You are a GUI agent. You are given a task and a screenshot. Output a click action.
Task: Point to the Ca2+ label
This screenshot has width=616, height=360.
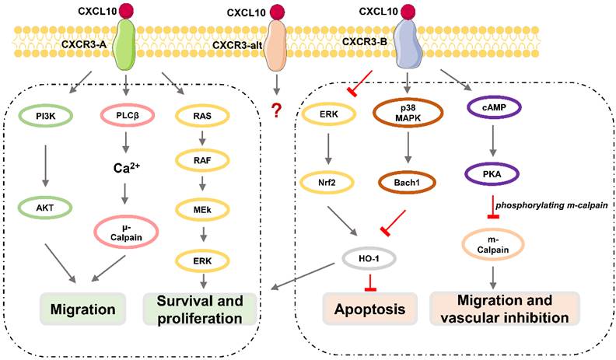tap(127, 166)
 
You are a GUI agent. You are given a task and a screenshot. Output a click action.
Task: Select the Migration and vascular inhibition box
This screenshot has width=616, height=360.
tap(503, 308)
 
